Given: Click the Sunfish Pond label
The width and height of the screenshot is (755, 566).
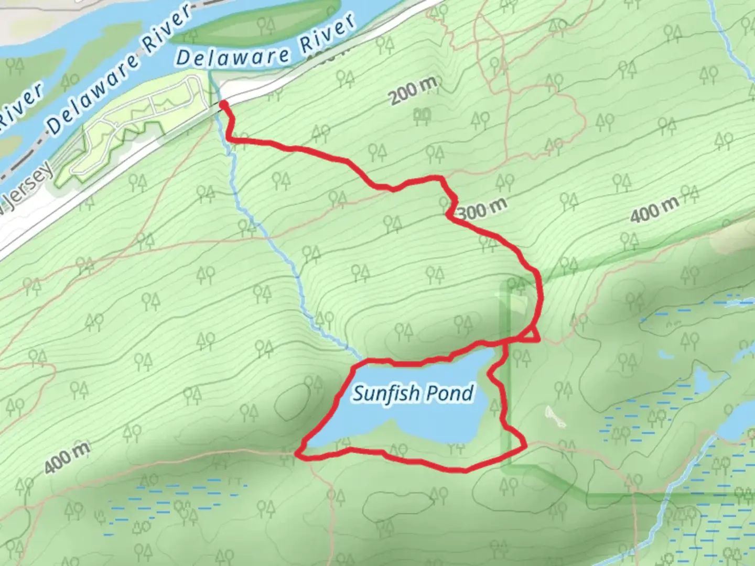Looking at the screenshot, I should [x=413, y=393].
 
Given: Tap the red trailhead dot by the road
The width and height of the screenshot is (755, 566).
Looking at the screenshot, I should [x=224, y=106].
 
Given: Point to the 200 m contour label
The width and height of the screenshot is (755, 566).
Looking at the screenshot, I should [x=413, y=92].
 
